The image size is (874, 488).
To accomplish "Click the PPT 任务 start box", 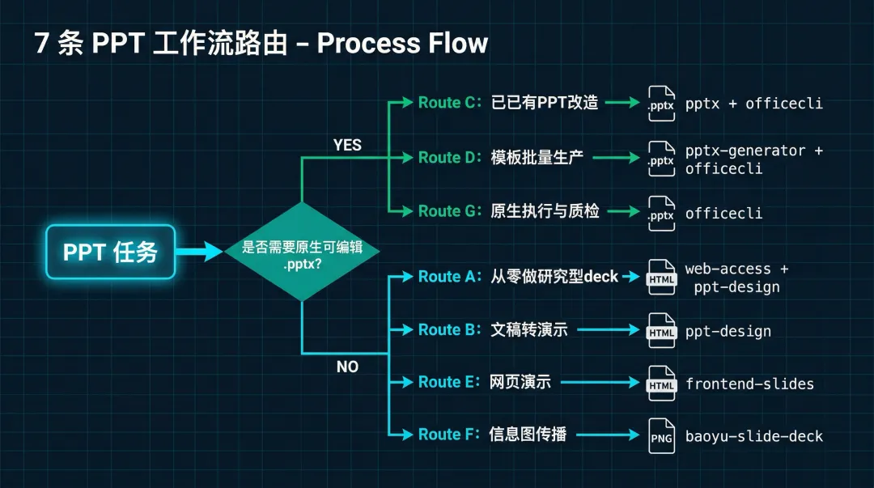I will coord(110,252).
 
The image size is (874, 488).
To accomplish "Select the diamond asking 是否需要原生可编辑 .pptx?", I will coord(302,251).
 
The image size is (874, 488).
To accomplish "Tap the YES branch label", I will coord(347,145).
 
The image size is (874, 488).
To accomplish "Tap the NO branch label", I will coord(347,367).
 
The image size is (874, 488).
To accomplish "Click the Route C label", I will coord(450,103).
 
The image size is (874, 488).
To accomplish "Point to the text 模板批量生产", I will coord(537,158).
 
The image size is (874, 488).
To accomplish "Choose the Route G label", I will coord(450,211).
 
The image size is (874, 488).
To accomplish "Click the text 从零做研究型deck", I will coord(554,277).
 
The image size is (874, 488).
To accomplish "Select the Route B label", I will coord(450,330).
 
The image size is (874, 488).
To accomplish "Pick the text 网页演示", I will coord(520,382).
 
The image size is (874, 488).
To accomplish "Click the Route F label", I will coord(450,435).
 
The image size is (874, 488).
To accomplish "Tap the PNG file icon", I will coord(661,435).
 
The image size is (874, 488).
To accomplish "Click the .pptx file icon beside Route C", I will coord(661,104).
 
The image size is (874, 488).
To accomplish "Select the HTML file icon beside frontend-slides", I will coord(661,383).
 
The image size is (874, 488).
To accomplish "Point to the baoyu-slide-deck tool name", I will coord(753,436).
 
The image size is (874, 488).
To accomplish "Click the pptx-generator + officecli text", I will coord(753,159).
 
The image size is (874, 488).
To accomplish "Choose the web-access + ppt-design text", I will coord(736,278).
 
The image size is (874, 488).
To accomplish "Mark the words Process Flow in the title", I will coord(402,43).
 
